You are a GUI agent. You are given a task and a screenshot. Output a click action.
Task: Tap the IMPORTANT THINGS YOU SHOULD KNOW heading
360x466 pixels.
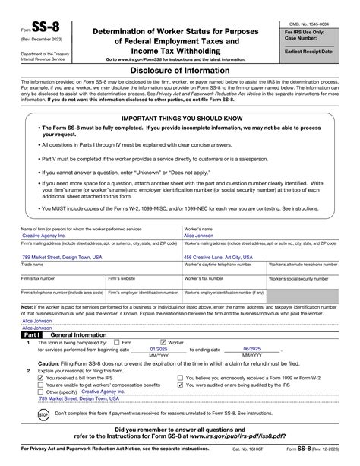tap(179, 119)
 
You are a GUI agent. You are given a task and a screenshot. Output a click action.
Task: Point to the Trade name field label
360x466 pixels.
tap(33, 265)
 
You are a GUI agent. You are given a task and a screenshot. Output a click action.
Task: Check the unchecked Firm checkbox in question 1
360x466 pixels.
tap(116, 341)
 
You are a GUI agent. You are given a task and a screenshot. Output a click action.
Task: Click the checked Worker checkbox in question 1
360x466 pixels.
tap(164, 341)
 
